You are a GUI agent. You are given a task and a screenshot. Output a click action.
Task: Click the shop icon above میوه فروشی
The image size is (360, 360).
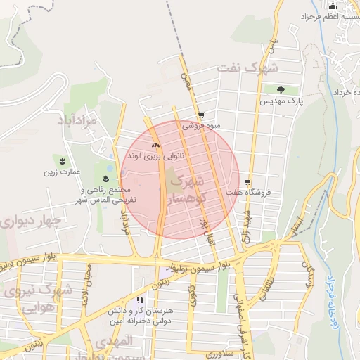pyautogui.click(x=201, y=116)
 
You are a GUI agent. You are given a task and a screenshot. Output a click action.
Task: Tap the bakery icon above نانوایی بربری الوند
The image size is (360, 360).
pyautogui.click(x=155, y=144)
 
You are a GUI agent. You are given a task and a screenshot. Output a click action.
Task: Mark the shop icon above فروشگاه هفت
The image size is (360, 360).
pyautogui.click(x=247, y=181)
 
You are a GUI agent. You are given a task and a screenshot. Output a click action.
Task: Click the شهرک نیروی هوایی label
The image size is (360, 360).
pyautogui.click(x=33, y=297)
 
